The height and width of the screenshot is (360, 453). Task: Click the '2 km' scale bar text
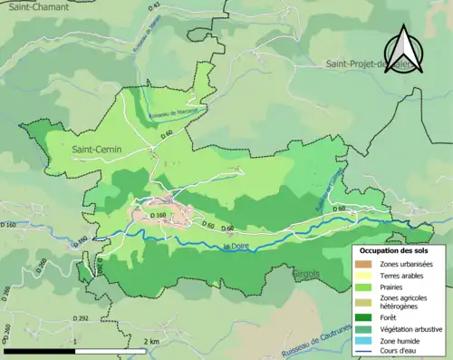(151, 341)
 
